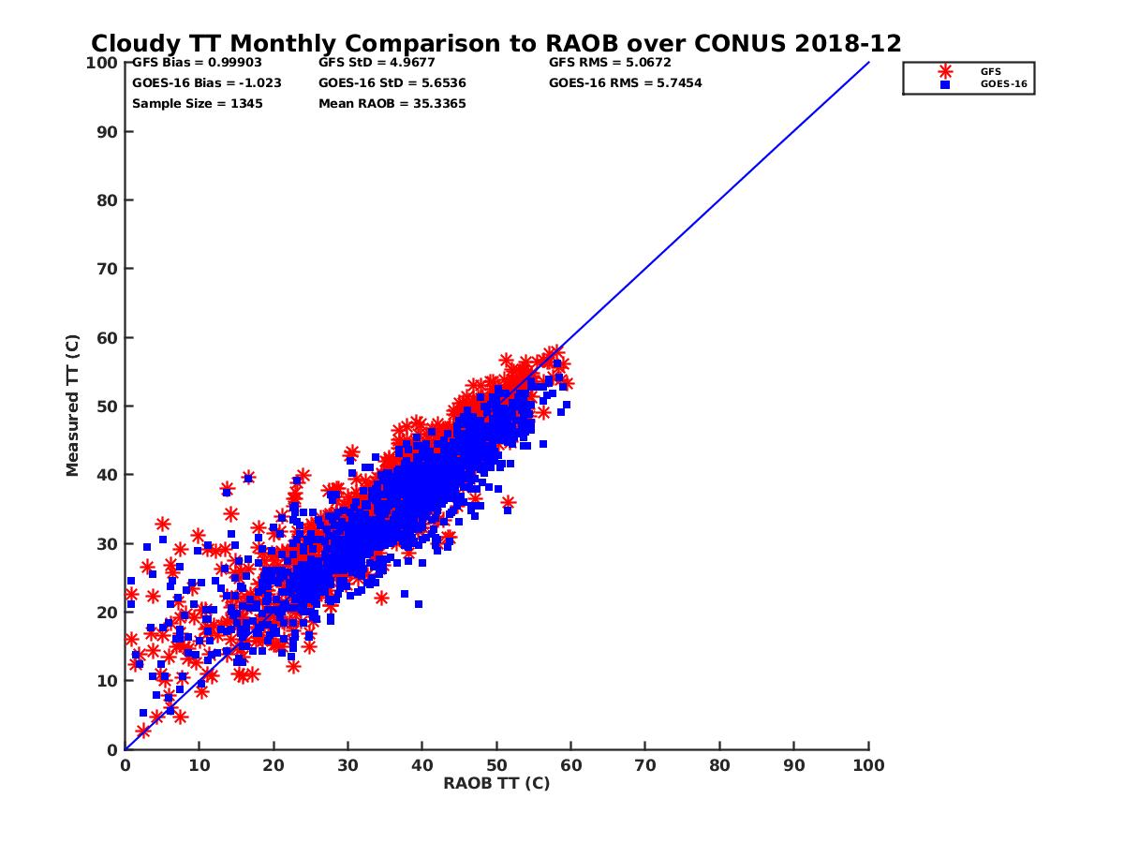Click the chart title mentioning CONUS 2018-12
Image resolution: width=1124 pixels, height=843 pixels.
(x=496, y=44)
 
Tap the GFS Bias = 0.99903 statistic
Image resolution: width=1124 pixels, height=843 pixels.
(x=184, y=63)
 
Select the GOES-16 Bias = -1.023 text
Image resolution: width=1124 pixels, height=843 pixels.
(x=206, y=82)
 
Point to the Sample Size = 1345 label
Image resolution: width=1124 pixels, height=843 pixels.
(x=197, y=103)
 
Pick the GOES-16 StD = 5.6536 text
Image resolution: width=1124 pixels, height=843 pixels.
(x=392, y=82)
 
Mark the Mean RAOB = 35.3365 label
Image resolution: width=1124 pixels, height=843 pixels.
(x=392, y=103)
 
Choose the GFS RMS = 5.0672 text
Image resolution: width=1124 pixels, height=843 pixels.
(x=610, y=63)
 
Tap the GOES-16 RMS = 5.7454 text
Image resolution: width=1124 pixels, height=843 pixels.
(x=626, y=82)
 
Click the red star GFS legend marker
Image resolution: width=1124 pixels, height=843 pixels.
(x=945, y=71)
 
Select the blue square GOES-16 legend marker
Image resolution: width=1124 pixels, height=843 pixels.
(x=945, y=84)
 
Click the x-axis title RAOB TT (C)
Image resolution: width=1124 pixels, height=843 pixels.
(x=496, y=783)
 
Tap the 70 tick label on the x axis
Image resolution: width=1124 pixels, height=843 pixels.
(x=645, y=764)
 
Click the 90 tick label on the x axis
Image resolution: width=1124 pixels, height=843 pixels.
(x=794, y=764)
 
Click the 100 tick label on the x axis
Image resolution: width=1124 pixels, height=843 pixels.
(x=868, y=764)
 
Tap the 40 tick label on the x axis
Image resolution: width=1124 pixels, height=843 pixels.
(x=422, y=764)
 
